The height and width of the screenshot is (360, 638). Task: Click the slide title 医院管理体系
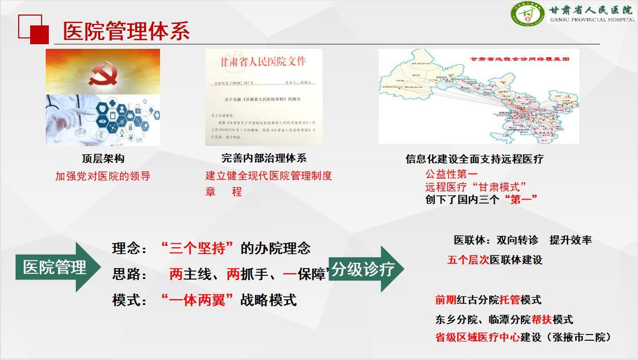pyautogui.click(x=126, y=31)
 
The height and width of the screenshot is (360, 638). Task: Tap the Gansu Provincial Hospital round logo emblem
pyautogui.click(x=527, y=14)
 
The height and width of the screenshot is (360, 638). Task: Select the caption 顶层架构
pyautogui.click(x=103, y=158)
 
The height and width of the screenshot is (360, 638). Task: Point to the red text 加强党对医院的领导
pyautogui.click(x=103, y=176)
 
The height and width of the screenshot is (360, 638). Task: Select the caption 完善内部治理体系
pyautogui.click(x=264, y=158)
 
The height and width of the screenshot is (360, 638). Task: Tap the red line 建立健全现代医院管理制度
pyautogui.click(x=269, y=176)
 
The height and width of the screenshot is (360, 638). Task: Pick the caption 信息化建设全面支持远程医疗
pyautogui.click(x=474, y=159)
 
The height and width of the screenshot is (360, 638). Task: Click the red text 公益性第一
pyautogui.click(x=451, y=174)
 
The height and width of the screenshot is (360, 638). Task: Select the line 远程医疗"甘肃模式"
pyautogui.click(x=476, y=186)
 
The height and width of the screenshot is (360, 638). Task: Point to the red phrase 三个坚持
pyautogui.click(x=197, y=248)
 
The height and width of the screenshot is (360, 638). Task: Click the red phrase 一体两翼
pyautogui.click(x=197, y=300)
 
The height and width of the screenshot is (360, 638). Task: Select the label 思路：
pyautogui.click(x=130, y=274)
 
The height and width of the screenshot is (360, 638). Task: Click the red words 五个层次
pyautogui.click(x=468, y=260)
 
